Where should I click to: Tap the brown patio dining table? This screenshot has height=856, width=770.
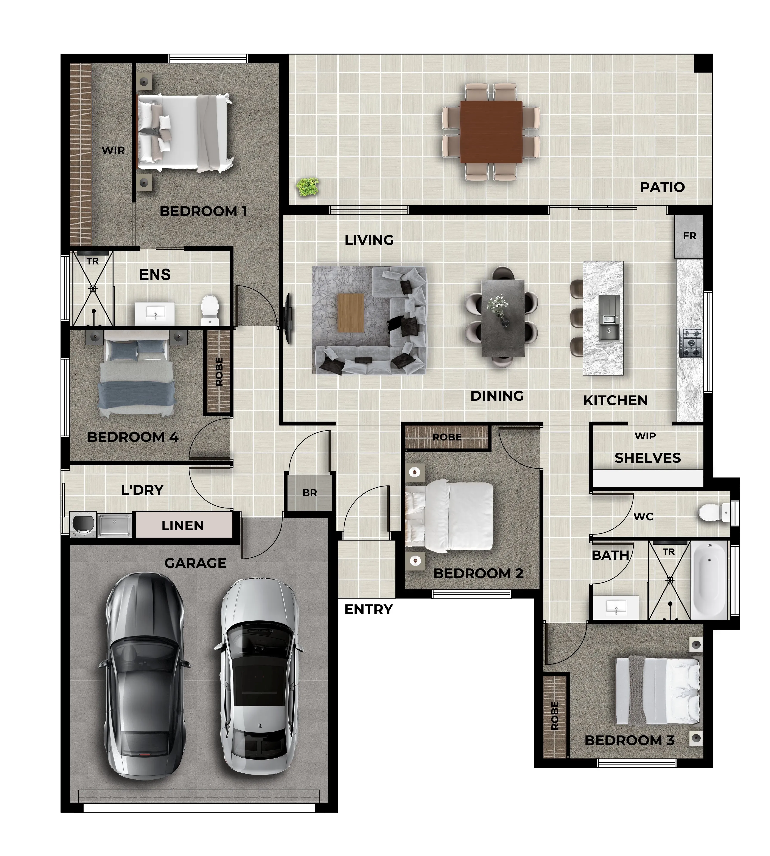click(491, 131)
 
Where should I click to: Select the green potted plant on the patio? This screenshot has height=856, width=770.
click(308, 187)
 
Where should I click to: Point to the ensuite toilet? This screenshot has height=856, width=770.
click(209, 310)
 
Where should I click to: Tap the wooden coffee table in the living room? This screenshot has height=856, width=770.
click(351, 313)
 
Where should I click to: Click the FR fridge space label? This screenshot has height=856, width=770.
click(690, 236)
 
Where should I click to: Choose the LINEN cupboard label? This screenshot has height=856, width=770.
click(183, 525)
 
